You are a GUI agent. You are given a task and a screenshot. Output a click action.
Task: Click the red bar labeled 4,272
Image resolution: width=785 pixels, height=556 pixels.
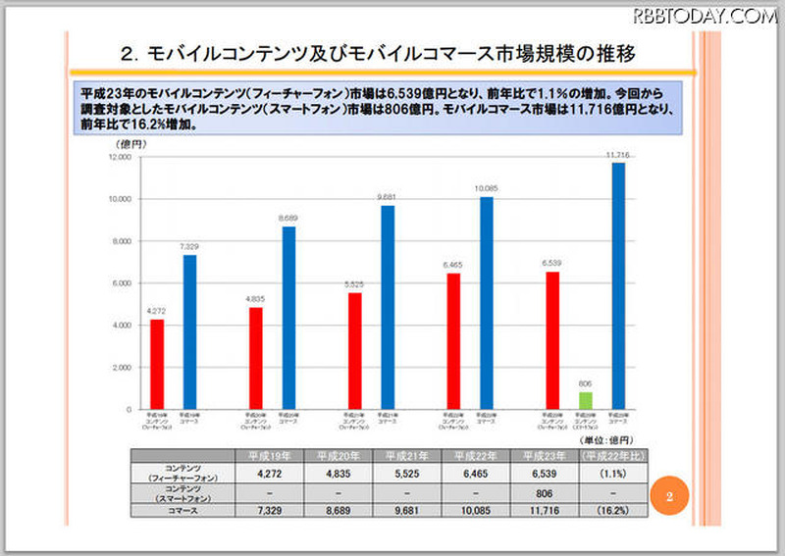pos(157,364)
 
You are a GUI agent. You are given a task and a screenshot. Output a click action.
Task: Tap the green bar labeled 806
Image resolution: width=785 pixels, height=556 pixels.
pos(585,400)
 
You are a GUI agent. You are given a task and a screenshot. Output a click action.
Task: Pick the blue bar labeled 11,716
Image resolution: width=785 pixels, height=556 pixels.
pos(617,285)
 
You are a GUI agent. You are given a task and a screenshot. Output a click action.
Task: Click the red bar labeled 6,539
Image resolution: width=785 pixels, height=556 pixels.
pos(552,339)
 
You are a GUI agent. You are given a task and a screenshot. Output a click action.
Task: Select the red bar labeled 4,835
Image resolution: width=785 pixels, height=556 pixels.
pos(256,358)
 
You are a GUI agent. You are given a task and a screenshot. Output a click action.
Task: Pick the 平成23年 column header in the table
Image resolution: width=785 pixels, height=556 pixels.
pos(546,456)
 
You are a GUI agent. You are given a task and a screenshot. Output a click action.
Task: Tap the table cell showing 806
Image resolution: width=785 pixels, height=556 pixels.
pos(546,492)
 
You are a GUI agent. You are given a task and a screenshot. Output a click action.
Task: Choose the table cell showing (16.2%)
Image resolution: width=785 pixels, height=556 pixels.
pos(614,510)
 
